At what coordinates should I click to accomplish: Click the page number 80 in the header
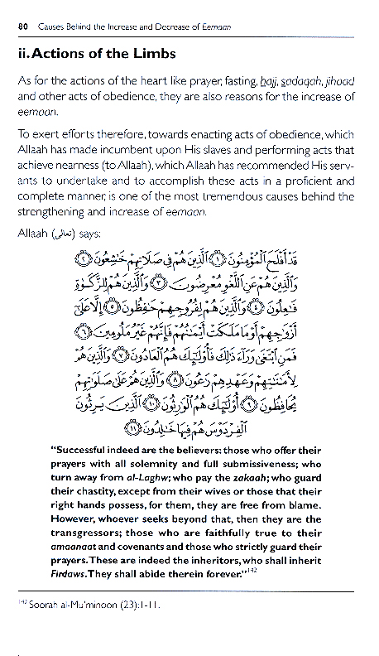pos(22,27)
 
